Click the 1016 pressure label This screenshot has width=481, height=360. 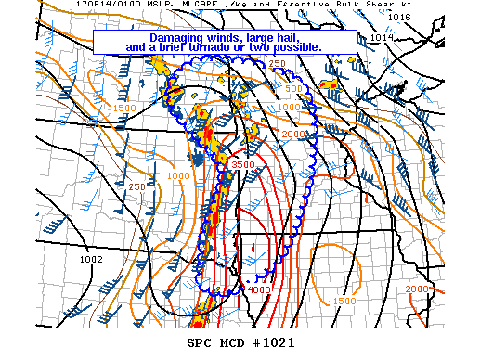[x=399, y=17]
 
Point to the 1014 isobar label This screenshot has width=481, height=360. [x=381, y=37]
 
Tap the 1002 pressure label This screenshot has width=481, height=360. [x=91, y=259]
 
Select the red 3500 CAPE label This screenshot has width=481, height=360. [x=243, y=164]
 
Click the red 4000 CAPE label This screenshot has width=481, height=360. [x=260, y=289]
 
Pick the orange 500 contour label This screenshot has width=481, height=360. [x=295, y=89]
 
